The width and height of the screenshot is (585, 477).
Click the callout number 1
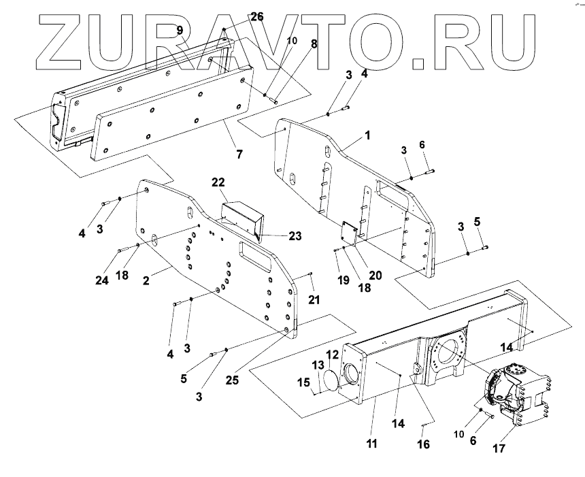coord(367,135)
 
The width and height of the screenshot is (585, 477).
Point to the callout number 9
coord(180,30)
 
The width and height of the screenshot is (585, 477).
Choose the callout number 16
coord(424,444)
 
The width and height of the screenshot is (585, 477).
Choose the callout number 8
coord(314,44)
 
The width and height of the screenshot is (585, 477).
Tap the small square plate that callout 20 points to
coord(350,231)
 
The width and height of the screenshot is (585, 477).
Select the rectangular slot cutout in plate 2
coord(253,258)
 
